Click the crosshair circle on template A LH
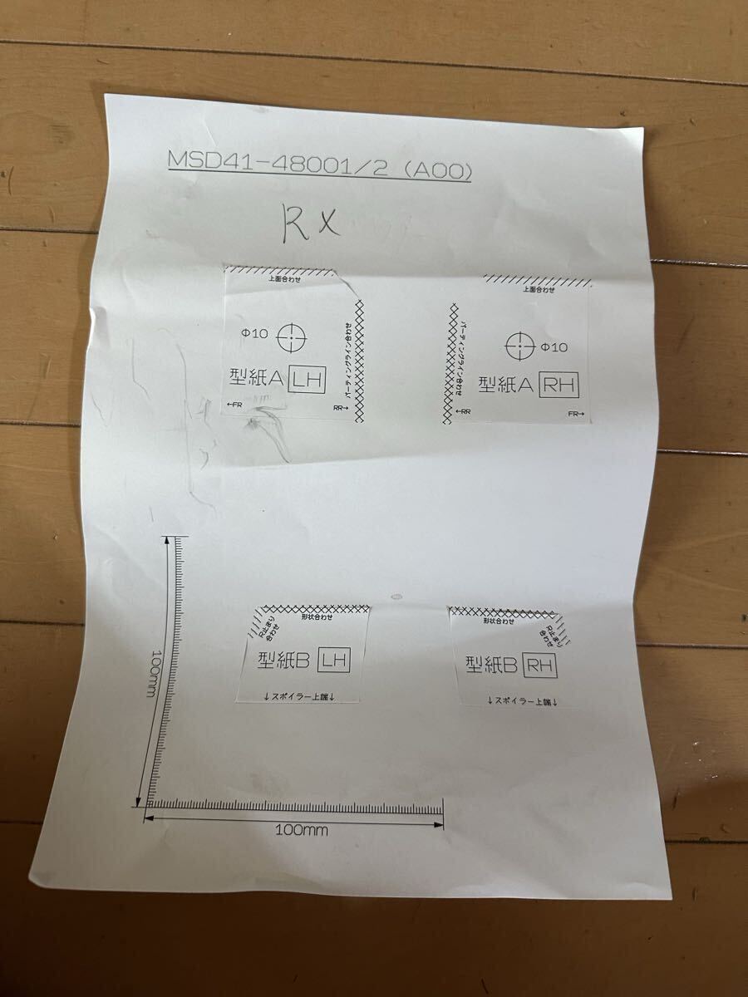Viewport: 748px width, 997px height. [x=291, y=336]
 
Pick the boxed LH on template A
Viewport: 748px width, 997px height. [x=306, y=381]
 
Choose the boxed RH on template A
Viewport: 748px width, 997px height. [x=559, y=385]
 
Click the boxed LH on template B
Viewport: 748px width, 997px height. [x=334, y=661]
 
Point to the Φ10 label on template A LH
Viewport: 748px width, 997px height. [x=254, y=334]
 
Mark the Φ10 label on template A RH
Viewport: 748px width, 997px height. [x=554, y=347]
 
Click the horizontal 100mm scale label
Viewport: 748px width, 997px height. [x=302, y=829]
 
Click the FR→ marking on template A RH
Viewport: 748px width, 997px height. [x=577, y=414]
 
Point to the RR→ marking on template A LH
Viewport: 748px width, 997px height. [x=340, y=408]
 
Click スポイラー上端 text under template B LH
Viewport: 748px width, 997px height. [x=300, y=696]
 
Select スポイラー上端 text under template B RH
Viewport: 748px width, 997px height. [x=522, y=701]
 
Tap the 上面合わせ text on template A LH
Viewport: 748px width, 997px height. [x=285, y=279]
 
